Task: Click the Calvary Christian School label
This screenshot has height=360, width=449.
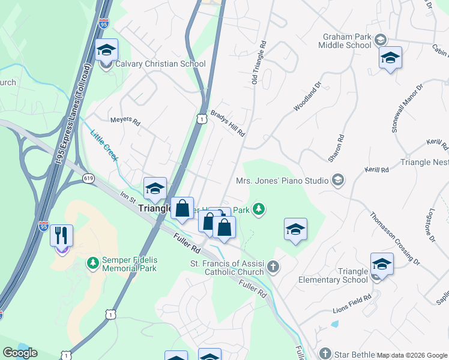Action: [x=160, y=64]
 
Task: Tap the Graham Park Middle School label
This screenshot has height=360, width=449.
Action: [x=348, y=40]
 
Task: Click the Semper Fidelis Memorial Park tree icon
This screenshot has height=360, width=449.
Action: [x=92, y=263]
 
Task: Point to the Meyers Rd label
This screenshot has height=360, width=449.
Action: [x=125, y=122]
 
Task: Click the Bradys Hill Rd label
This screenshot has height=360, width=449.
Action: [x=228, y=124]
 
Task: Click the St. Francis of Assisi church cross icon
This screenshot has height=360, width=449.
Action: [x=273, y=266]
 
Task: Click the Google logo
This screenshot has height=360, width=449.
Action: [x=20, y=353]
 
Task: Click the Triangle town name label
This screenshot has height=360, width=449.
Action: [x=155, y=208]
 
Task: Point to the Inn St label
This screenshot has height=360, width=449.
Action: [x=129, y=197]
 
